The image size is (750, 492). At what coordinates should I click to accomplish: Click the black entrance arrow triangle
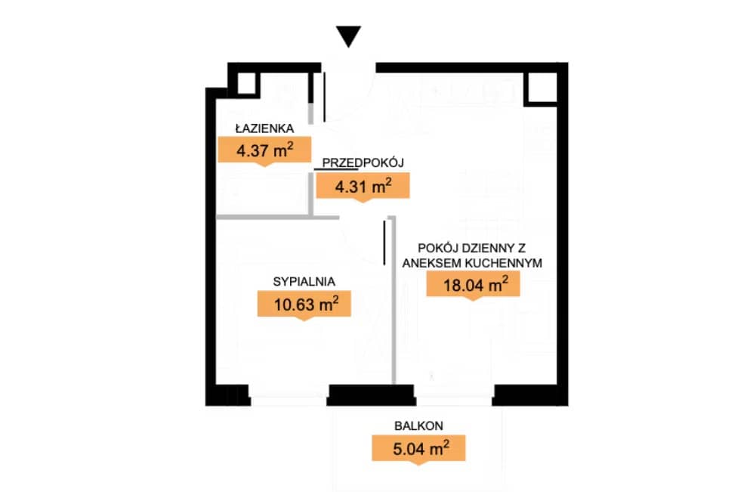[348, 36]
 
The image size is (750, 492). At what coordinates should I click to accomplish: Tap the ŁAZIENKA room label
[264, 128]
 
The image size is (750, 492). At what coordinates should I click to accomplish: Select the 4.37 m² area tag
[264, 150]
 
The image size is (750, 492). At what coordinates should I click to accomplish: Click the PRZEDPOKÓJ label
[363, 162]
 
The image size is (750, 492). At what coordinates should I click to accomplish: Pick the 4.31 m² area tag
[363, 187]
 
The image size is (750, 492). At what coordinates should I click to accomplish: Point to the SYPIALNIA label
[304, 282]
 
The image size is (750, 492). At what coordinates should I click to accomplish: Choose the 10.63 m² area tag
[304, 305]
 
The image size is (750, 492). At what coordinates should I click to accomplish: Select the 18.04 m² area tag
[473, 285]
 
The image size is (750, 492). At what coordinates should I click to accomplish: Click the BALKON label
[418, 426]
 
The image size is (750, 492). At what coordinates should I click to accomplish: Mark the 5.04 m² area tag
[418, 449]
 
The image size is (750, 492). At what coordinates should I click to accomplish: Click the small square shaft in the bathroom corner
[247, 84]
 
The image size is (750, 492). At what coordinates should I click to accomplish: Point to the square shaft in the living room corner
[542, 88]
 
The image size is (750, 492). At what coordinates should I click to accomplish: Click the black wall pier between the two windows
[371, 395]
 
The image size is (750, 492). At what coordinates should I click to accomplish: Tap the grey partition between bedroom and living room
[394, 300]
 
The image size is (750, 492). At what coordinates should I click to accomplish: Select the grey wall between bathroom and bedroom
[277, 218]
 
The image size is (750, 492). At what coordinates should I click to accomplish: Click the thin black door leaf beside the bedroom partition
[384, 242]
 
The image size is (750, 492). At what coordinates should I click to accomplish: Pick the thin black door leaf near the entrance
[325, 97]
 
